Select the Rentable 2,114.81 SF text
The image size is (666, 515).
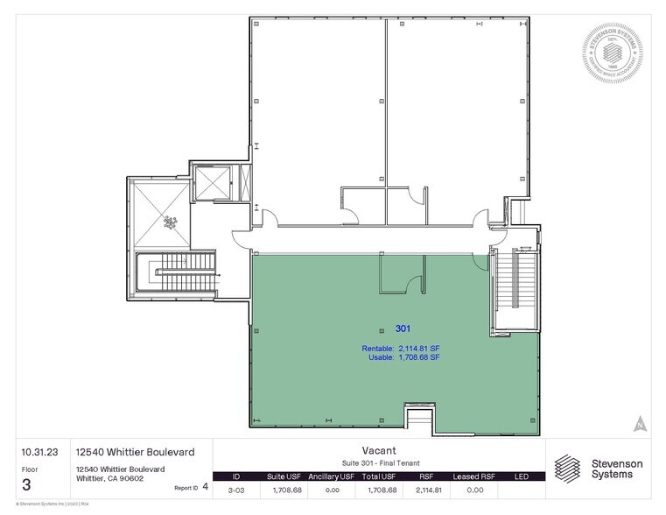401,349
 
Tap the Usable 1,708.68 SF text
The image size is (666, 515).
401,357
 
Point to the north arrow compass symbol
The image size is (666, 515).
641,422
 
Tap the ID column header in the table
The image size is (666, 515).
235,476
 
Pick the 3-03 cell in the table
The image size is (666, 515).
235,490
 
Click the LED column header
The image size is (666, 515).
522,476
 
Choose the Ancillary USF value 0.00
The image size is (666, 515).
332,490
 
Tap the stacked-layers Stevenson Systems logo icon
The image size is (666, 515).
567,467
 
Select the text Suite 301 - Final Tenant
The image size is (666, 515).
380,462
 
